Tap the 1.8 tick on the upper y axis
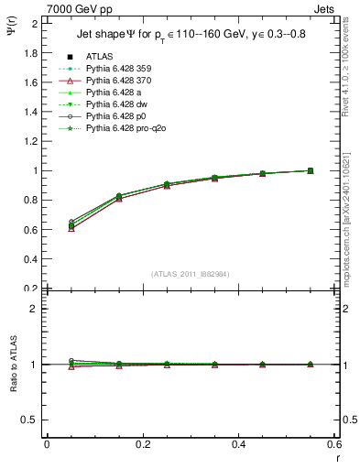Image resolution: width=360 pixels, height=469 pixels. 32,52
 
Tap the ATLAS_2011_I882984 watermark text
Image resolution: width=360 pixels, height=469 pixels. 190,274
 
